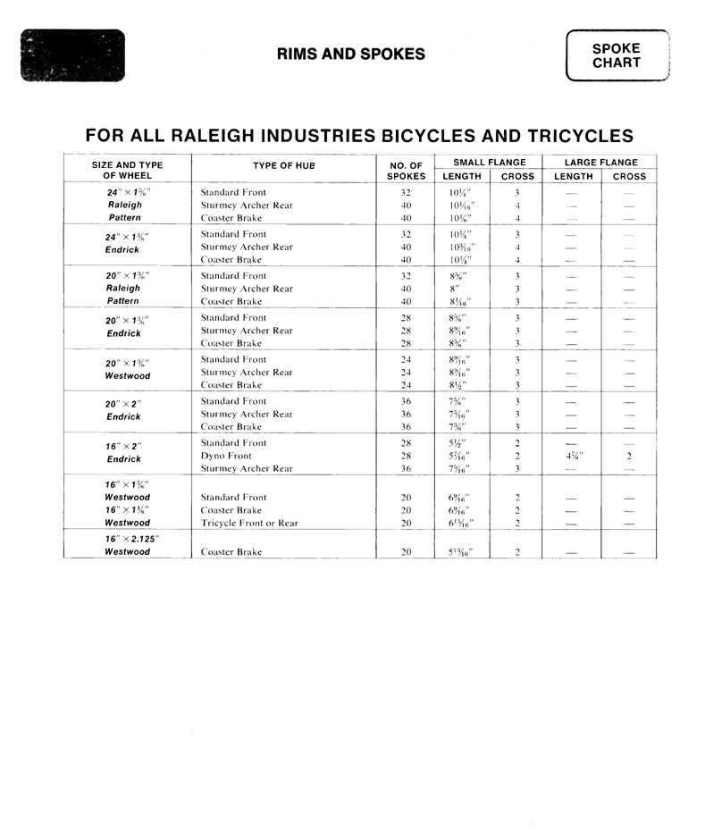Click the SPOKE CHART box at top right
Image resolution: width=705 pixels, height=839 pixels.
(x=617, y=55)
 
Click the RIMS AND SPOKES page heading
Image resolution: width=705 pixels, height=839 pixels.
(x=351, y=55)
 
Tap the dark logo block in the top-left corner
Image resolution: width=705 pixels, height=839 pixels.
(x=72, y=55)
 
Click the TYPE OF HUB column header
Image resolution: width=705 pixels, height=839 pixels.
(x=284, y=165)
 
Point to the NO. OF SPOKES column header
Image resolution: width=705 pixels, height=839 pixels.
(x=406, y=170)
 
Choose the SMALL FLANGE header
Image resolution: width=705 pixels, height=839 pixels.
(x=489, y=163)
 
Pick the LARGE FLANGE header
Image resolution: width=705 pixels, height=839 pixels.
(x=600, y=163)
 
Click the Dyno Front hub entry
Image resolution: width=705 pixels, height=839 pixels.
(x=226, y=456)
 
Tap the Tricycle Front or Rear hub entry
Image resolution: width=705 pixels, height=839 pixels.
(x=249, y=523)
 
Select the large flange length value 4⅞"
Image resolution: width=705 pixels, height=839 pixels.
(x=575, y=456)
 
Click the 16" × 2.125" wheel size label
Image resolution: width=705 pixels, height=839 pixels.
(x=129, y=540)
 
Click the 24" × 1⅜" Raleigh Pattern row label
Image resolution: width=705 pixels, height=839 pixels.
(x=125, y=205)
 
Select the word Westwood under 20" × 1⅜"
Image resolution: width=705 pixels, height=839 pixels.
(x=127, y=376)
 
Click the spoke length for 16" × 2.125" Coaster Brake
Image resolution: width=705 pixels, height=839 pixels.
(x=460, y=552)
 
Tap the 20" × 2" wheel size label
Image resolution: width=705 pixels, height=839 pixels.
(x=123, y=404)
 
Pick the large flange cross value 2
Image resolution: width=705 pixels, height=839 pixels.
(x=629, y=456)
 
